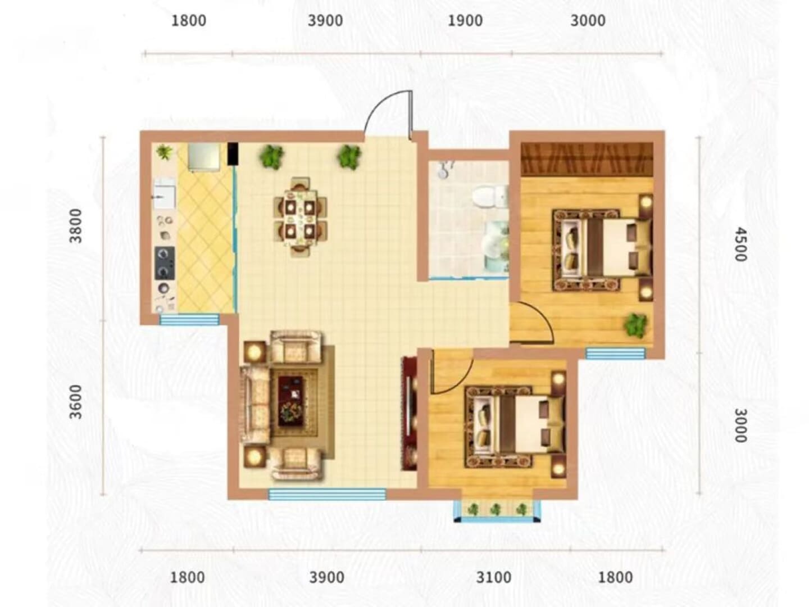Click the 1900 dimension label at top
(465, 21)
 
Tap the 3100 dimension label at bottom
(494, 577)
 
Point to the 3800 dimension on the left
(76, 226)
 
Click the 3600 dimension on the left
(76, 402)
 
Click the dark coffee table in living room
(291, 401)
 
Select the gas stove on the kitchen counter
(165, 263)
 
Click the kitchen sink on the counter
(164, 193)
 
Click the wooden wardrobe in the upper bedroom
(587, 159)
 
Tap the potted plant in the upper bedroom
(635, 325)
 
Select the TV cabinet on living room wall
(410, 413)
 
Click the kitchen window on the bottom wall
(189, 319)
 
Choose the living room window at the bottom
(328, 494)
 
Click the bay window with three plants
(497, 510)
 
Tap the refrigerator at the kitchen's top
(203, 157)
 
